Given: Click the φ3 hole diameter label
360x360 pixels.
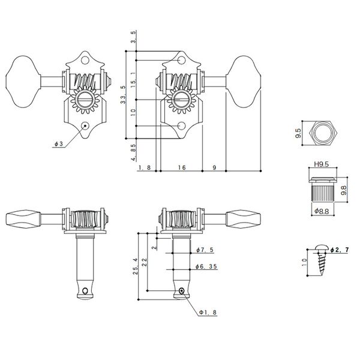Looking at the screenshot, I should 58,145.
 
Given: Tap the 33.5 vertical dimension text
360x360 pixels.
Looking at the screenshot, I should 124,95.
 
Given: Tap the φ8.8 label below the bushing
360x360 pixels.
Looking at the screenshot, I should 320,211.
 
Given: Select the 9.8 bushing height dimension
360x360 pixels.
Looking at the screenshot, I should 344,191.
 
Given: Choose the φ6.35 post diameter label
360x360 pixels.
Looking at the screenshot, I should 206,266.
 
